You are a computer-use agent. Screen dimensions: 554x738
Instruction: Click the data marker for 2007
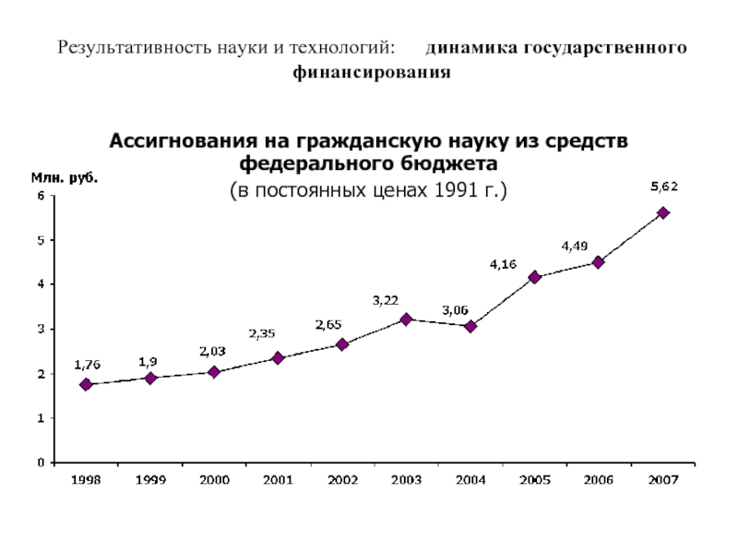662,212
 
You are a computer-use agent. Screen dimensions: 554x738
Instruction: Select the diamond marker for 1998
86,384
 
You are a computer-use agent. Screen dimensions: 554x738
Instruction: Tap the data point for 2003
406,319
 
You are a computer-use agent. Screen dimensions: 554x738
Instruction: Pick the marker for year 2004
470,326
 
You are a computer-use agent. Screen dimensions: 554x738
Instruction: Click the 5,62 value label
664,187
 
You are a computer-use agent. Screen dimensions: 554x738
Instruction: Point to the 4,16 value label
503,264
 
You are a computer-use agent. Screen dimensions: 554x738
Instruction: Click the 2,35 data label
262,333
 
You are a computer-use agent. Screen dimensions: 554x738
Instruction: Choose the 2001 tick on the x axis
278,481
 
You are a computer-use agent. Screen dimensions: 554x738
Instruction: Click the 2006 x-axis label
599,481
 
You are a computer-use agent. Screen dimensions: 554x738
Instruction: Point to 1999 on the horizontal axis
149,481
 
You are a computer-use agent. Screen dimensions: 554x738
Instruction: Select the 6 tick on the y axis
40,196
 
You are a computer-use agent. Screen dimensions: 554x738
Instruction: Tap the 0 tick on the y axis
40,462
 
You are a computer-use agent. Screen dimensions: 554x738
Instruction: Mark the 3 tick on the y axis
40,329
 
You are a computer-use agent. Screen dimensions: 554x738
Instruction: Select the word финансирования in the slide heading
372,71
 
